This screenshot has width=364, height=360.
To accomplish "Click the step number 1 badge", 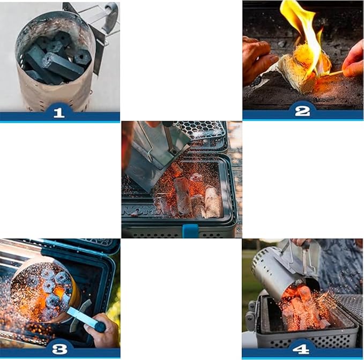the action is tap(59, 112).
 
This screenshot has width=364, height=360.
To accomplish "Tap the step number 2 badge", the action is tap(302, 111).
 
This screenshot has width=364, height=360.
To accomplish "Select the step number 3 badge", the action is tap(60, 349).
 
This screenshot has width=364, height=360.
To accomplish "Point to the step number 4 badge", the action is tap(301, 349).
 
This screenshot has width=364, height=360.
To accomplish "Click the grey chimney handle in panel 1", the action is tap(112, 17).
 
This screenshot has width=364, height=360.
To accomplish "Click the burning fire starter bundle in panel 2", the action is tap(302, 70).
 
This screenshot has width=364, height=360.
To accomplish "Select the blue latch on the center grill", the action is tap(190, 231).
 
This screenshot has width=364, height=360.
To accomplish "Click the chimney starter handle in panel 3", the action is tap(86, 318).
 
